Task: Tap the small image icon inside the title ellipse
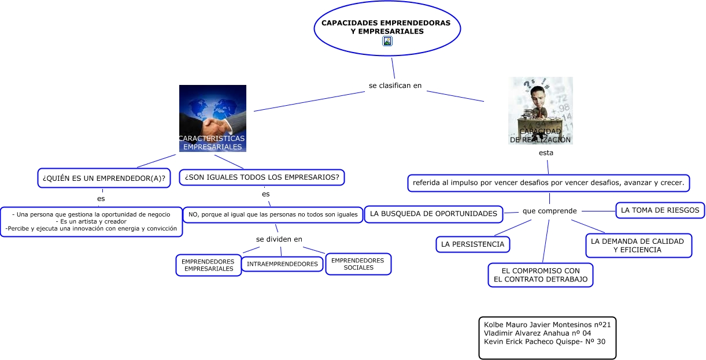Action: coord(387,41)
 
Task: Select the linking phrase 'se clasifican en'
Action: coord(395,86)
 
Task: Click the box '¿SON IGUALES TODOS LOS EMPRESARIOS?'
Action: coord(262,177)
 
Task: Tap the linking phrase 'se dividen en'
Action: coord(279,239)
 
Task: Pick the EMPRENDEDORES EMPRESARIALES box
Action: coord(209,265)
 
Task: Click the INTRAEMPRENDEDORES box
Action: coord(282,264)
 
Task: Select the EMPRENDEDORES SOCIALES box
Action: coord(358,264)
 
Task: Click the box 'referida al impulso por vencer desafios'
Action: coord(548,183)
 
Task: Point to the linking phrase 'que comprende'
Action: coord(549,211)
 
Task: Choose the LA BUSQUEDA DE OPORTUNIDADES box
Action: coord(434,214)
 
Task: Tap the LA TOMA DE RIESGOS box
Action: coord(660,210)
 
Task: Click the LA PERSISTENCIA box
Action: coord(472,244)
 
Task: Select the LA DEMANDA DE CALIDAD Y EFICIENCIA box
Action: coord(638,246)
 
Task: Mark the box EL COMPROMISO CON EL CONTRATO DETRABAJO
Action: coord(541,275)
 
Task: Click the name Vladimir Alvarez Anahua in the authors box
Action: coord(537,333)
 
